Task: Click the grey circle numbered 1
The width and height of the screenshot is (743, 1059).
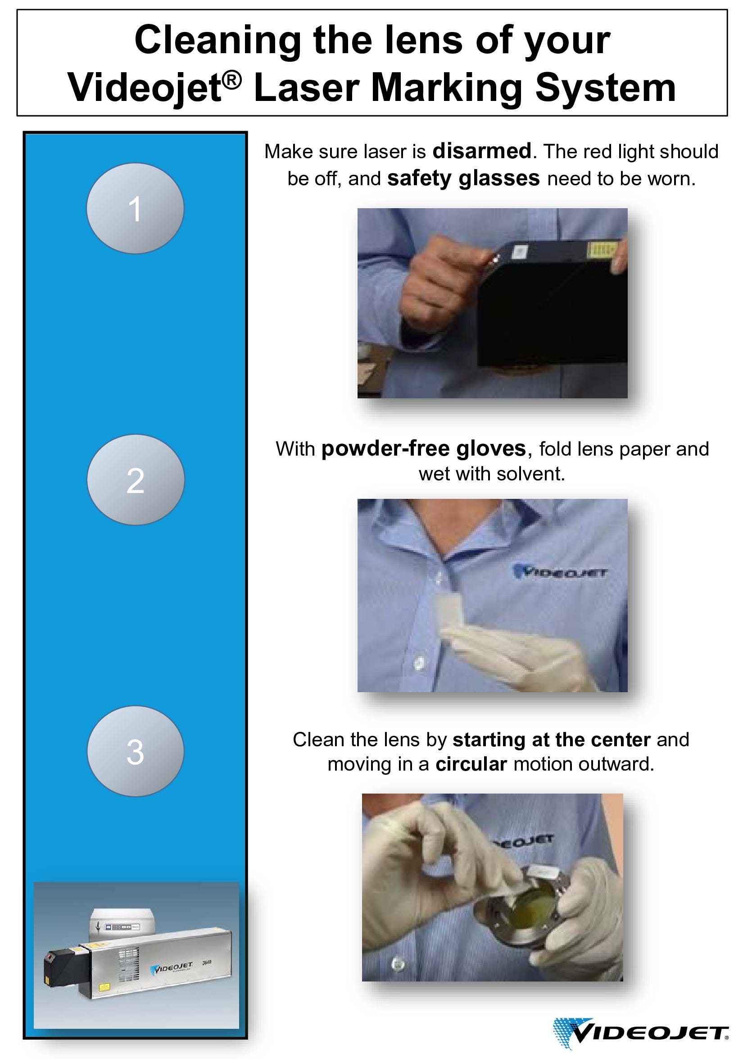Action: (x=135, y=208)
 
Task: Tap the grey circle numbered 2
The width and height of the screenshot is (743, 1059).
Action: (x=136, y=479)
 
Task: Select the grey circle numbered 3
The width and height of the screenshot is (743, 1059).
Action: (x=136, y=751)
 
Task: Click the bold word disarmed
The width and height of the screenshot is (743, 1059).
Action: (x=482, y=151)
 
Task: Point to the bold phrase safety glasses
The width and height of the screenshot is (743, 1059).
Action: (x=463, y=178)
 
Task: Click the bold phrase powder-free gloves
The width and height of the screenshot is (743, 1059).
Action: (x=424, y=449)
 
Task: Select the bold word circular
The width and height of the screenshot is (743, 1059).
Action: (x=471, y=764)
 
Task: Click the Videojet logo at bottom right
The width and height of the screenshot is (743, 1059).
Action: (x=641, y=1033)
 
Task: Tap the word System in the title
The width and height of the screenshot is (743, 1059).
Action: (x=606, y=87)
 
